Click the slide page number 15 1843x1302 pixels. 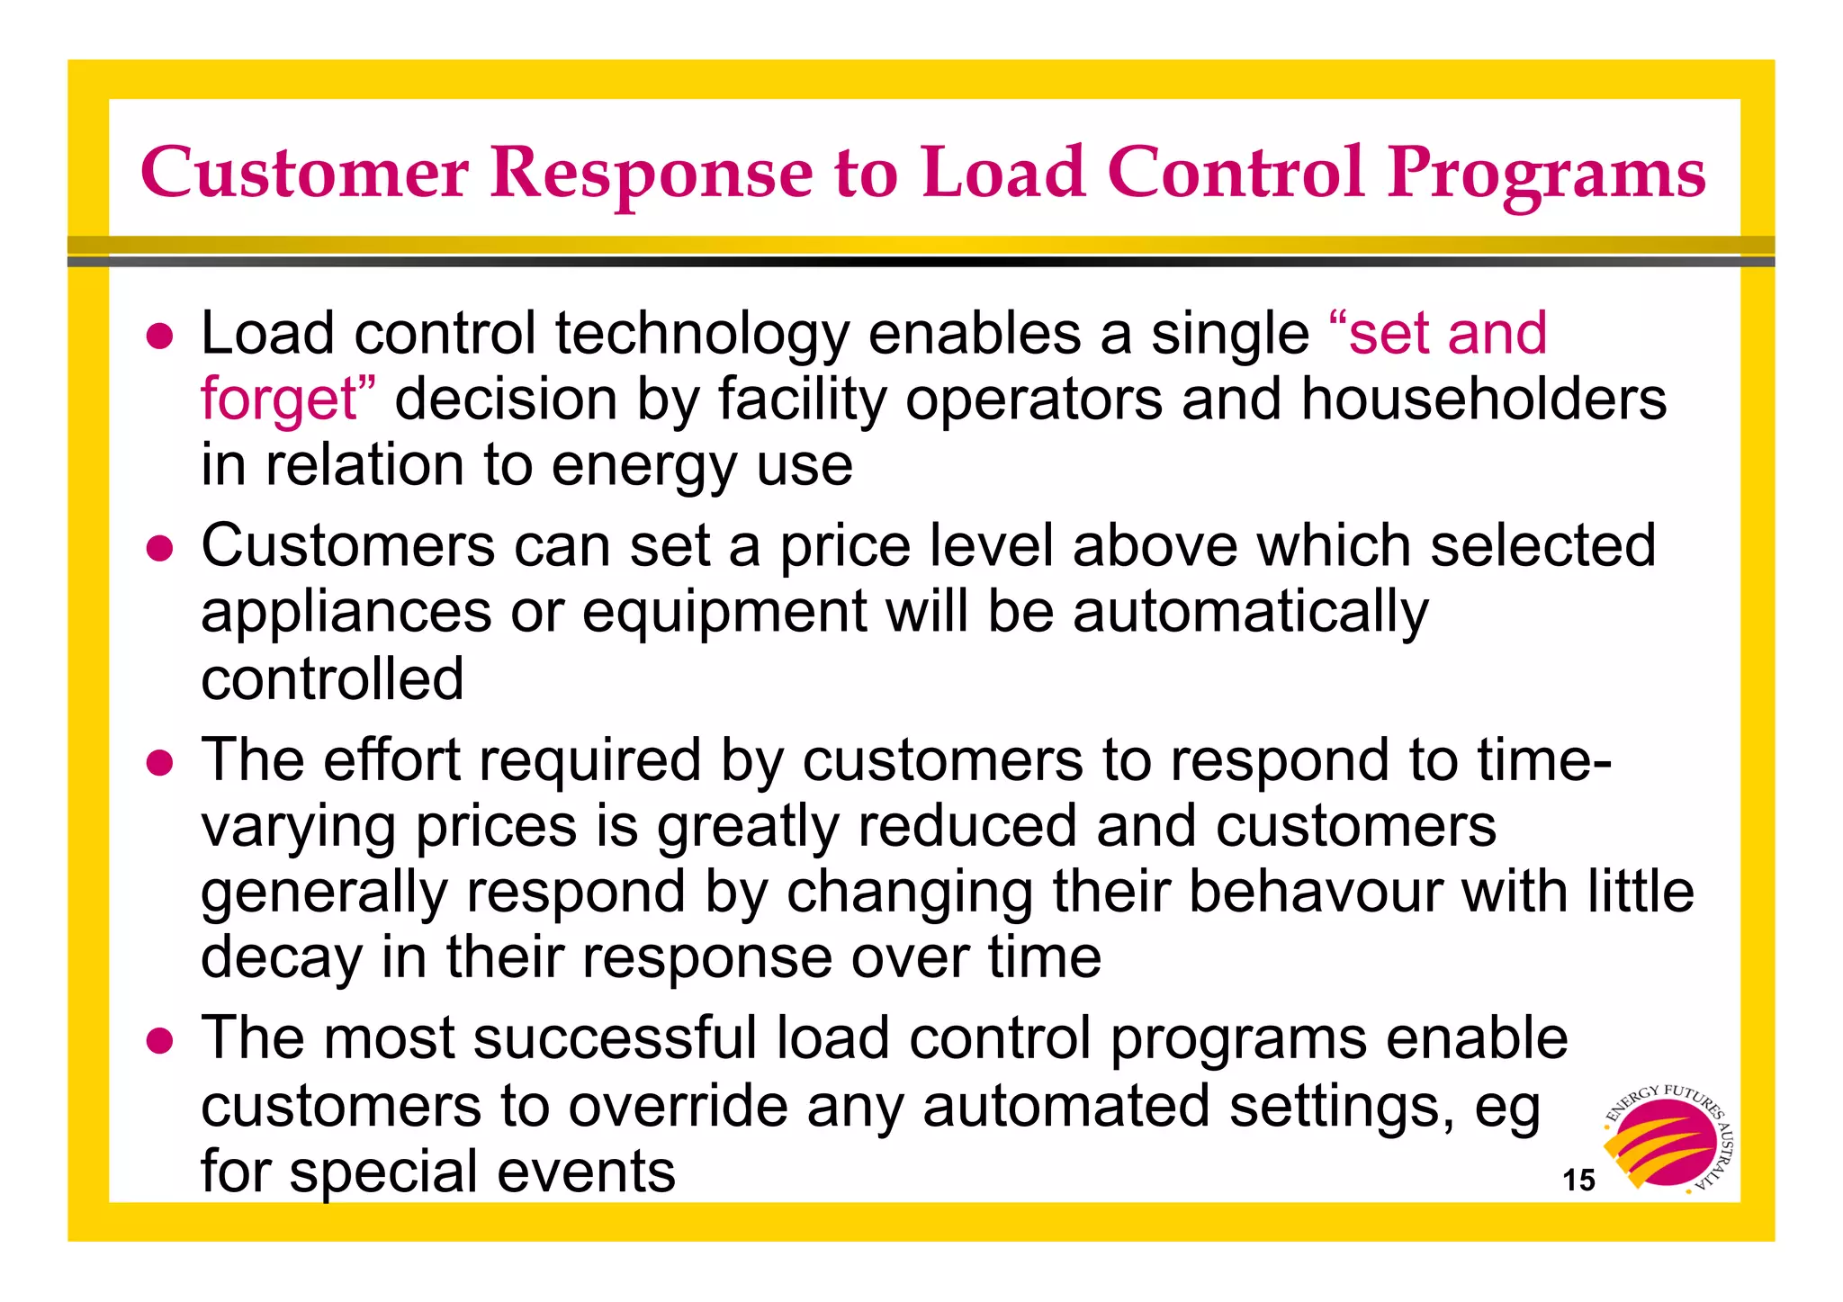(1578, 1180)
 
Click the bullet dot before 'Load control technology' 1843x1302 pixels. (159, 337)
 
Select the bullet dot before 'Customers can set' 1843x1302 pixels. (159, 549)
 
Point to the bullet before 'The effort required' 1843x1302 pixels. (159, 763)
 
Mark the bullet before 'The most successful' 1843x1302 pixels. (159, 1041)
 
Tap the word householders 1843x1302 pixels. (1483, 399)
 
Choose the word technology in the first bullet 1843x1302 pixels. (702, 335)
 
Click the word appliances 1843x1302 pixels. (346, 613)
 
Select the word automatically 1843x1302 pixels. (1250, 613)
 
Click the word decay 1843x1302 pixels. (281, 957)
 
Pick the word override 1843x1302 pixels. (678, 1105)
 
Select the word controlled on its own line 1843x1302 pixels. (332, 678)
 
